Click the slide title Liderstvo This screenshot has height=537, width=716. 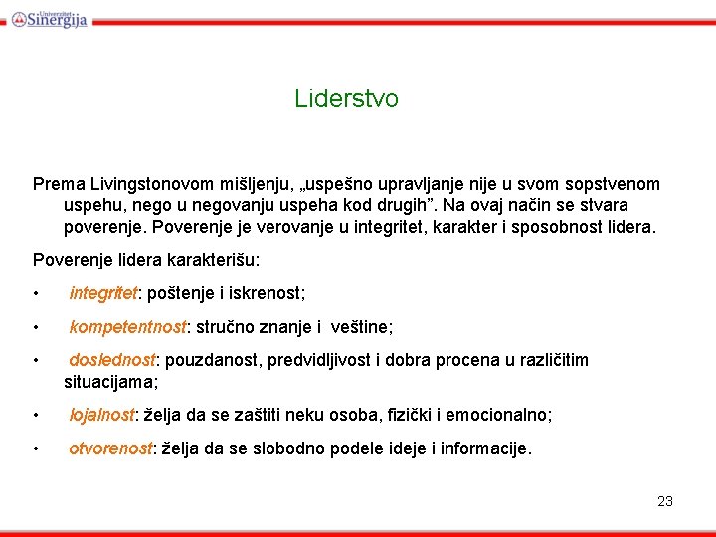pyautogui.click(x=346, y=99)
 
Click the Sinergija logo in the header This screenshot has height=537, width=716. pyautogui.click(x=50, y=17)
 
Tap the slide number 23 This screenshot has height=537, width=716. pyautogui.click(x=665, y=501)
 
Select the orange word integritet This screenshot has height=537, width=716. pyautogui.click(x=103, y=293)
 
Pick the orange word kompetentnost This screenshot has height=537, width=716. pyautogui.click(x=127, y=326)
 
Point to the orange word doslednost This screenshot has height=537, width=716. pyautogui.click(x=112, y=360)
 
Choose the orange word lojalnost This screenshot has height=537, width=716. pyautogui.click(x=101, y=415)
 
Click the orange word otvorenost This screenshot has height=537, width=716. pyautogui.click(x=110, y=448)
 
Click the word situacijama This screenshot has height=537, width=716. pyautogui.click(x=109, y=381)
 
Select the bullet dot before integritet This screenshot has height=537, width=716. pyautogui.click(x=36, y=294)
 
